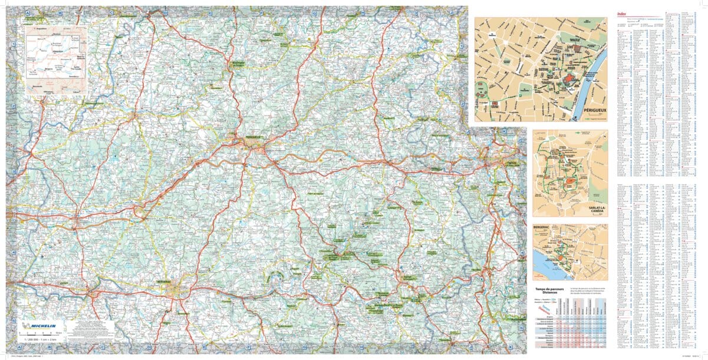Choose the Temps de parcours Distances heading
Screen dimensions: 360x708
[550, 291]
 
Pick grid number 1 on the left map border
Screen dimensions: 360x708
[12, 44]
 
